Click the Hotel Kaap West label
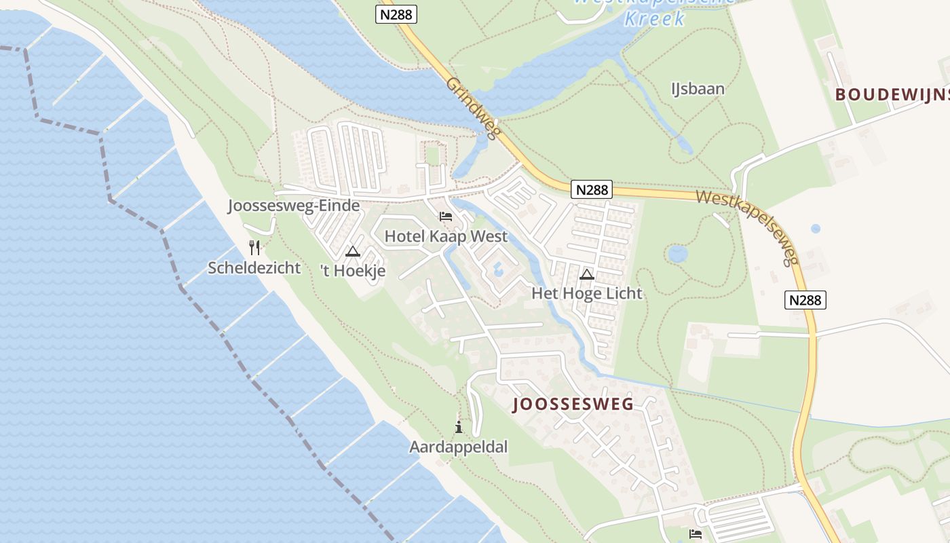446,236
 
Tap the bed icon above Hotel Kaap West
446,217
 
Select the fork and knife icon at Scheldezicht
254,247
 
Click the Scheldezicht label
254,267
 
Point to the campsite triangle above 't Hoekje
353,252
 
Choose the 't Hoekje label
353,271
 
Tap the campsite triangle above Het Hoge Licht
587,274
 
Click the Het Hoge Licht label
586,293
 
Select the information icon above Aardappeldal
459,428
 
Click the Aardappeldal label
458,447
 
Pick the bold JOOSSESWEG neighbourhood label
573,405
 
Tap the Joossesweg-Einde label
294,206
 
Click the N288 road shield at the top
396,14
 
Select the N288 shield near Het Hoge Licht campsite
592,189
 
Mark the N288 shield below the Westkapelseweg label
805,299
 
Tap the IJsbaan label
698,89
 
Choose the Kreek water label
654,18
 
